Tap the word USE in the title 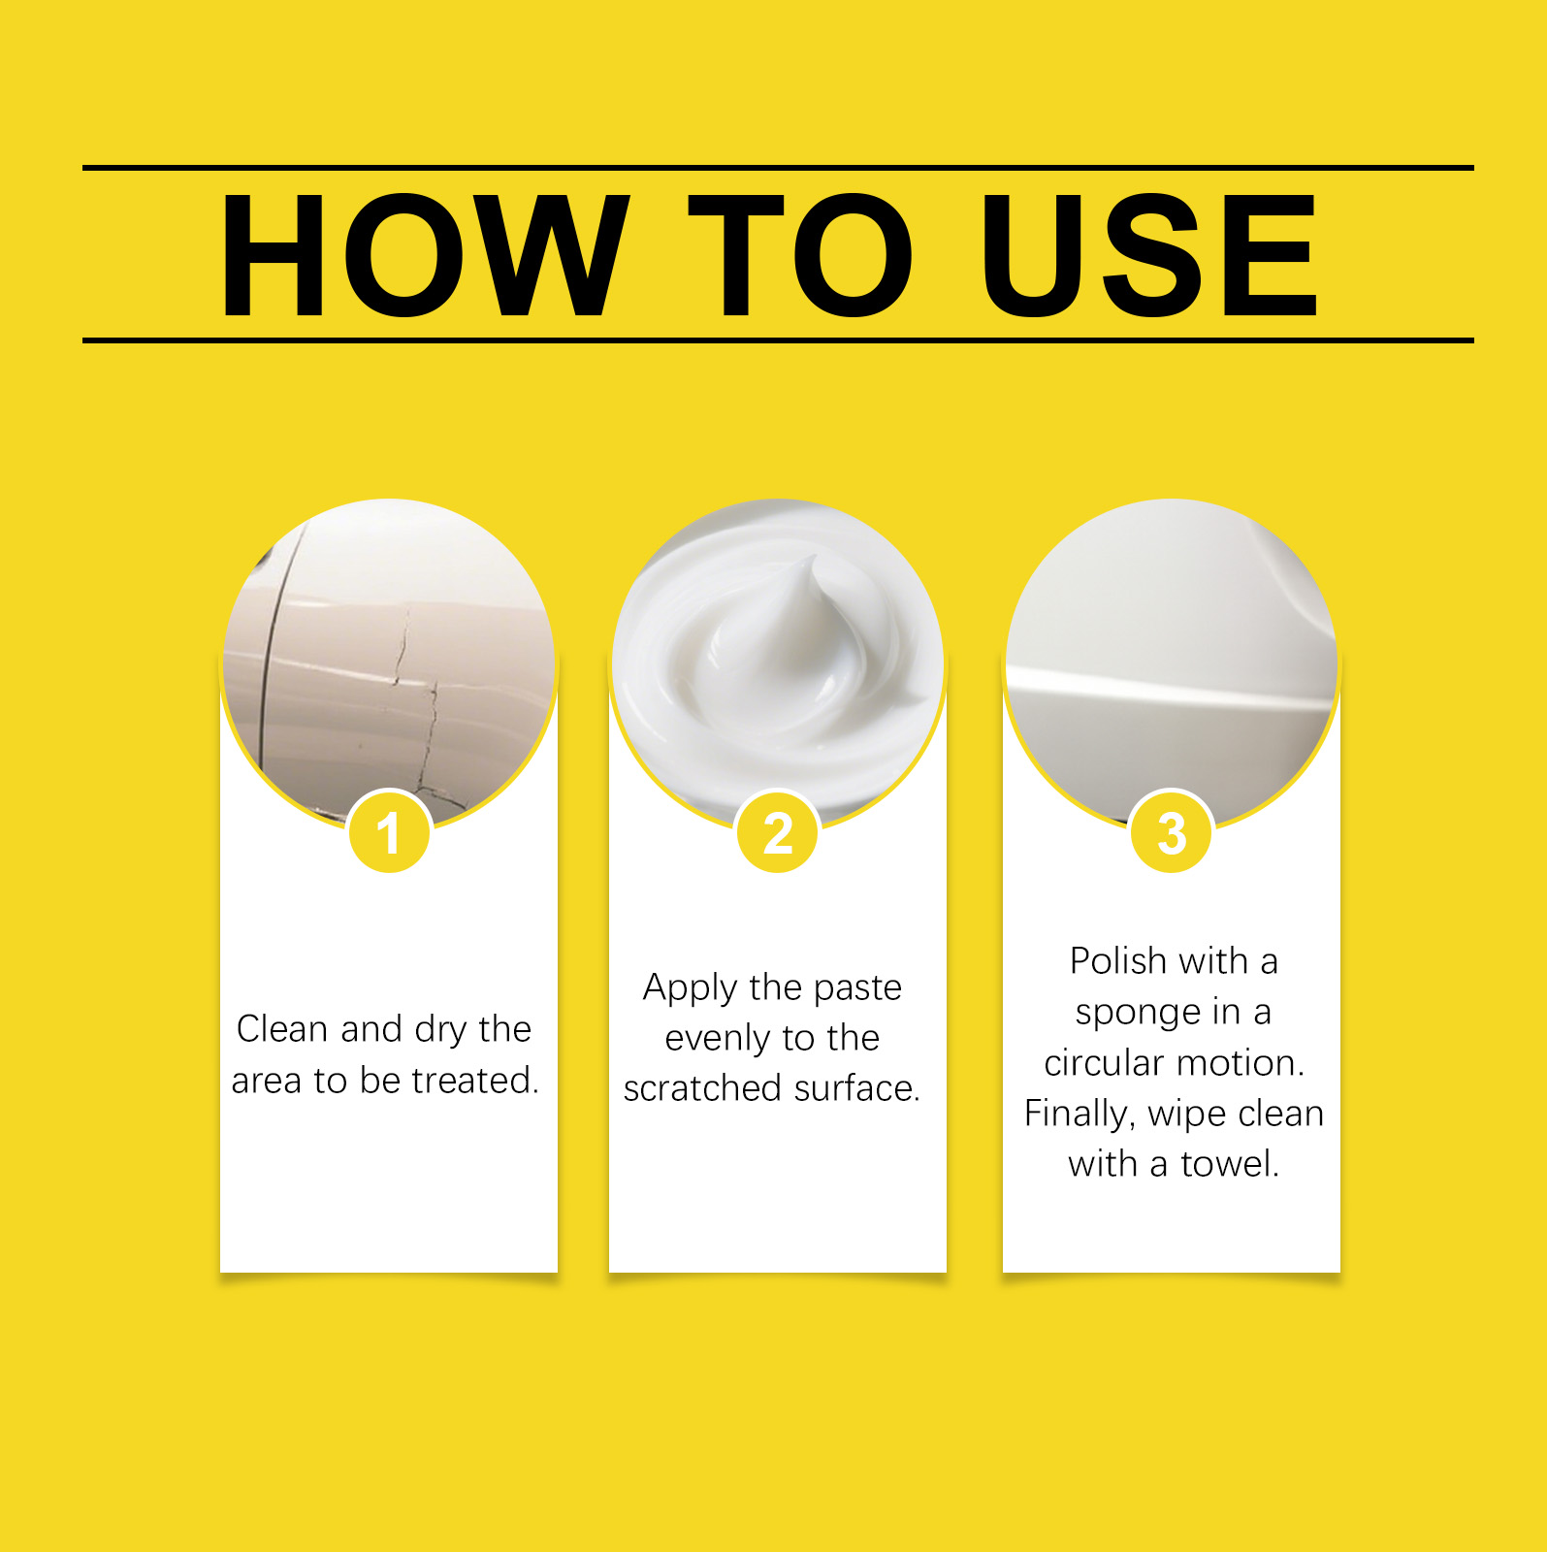point(1149,255)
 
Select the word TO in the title point(801,255)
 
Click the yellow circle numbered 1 point(389,832)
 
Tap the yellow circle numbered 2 point(778,832)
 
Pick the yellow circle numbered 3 point(1172,832)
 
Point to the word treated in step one point(475,1080)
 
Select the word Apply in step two point(691,989)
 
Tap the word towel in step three point(1230,1163)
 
